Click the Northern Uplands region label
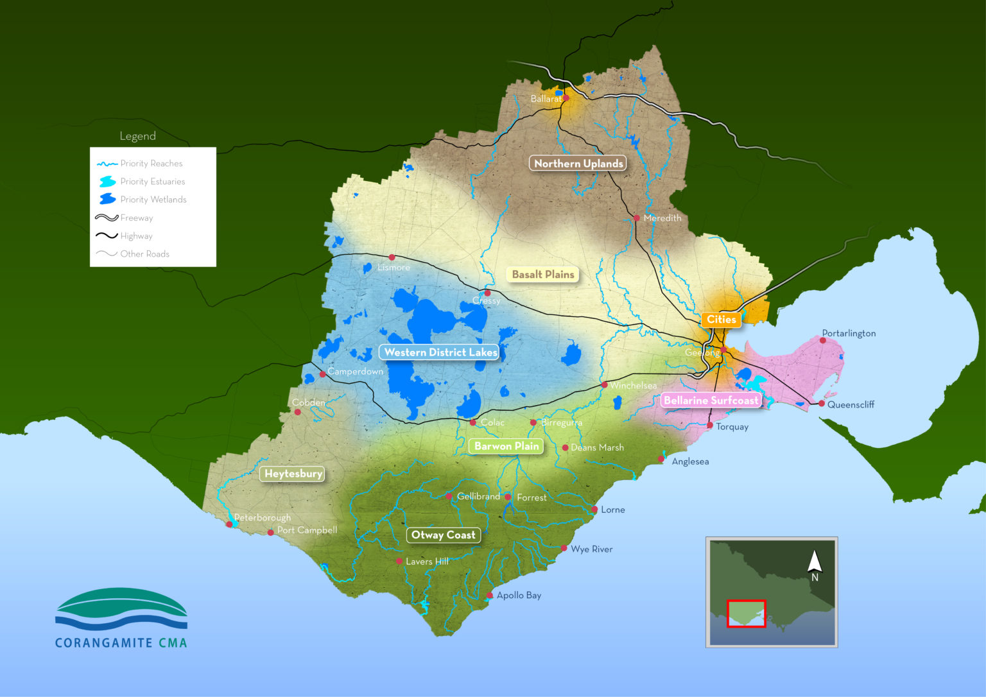578,164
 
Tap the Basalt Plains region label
542,275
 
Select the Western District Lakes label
440,352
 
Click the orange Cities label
721,320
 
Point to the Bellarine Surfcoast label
711,400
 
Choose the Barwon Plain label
506,446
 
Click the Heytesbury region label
293,474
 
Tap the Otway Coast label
443,535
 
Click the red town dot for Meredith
637,218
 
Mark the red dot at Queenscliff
822,404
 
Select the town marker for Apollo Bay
490,596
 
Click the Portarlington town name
849,333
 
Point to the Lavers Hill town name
427,562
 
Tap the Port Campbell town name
307,530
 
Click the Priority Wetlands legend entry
153,200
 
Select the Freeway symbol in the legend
107,218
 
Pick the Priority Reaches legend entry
151,164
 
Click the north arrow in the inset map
815,562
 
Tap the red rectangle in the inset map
746,614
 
